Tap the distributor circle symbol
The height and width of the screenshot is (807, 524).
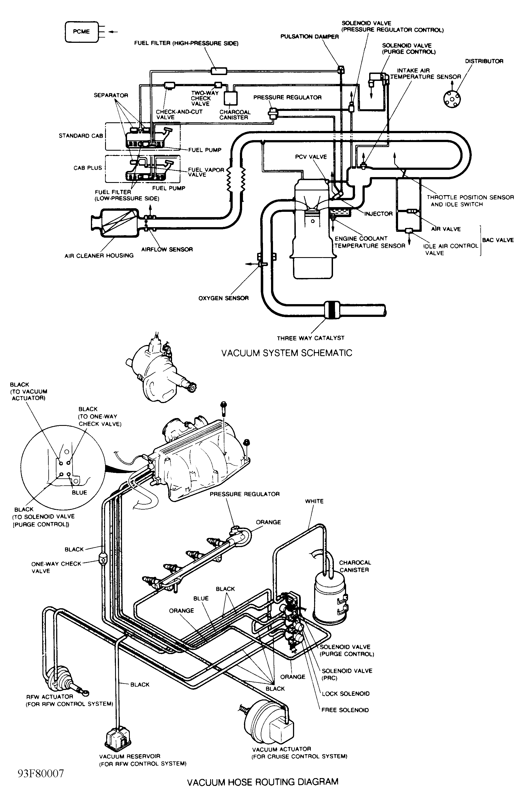452,98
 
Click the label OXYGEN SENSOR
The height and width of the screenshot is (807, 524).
223,298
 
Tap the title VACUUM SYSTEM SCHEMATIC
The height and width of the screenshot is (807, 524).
287,353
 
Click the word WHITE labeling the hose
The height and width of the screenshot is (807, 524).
314,501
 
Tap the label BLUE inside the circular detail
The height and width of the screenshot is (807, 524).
79,492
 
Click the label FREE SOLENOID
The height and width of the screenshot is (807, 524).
345,710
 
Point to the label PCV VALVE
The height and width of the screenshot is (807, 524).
311,157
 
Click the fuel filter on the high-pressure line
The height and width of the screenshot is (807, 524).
219,71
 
